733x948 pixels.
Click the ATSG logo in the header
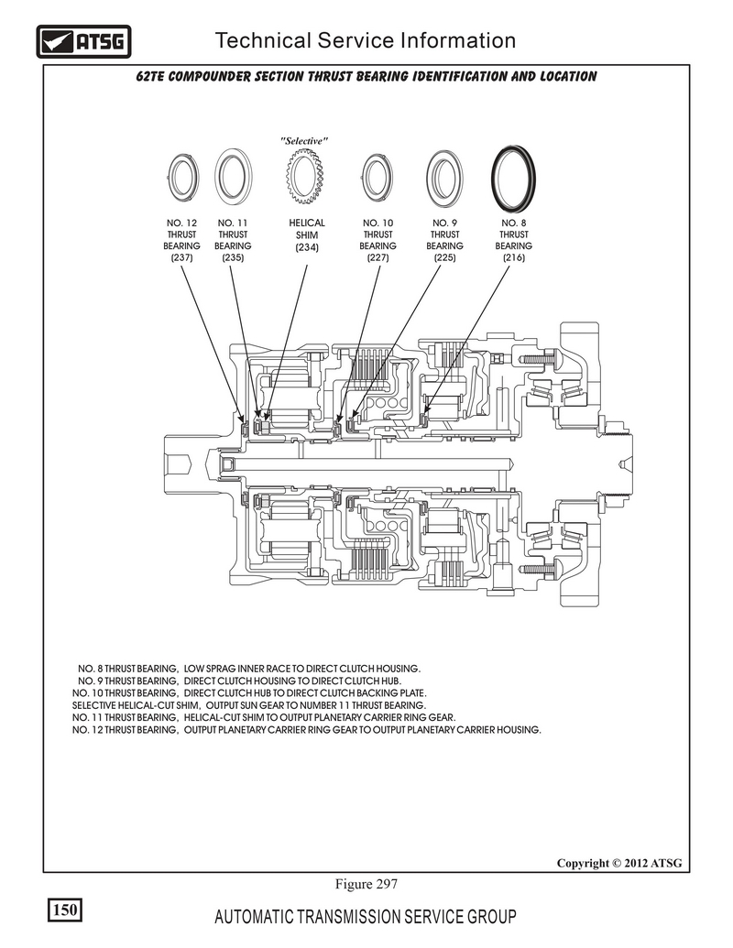[83, 41]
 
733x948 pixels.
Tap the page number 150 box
[65, 910]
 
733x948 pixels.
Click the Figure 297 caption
[366, 884]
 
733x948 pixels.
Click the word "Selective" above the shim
[304, 141]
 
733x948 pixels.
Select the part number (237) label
[181, 257]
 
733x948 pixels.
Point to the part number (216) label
[513, 257]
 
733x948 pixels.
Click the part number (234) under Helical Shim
[307, 247]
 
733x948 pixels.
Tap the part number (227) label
[378, 257]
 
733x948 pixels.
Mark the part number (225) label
[444, 257]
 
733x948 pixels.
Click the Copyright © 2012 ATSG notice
[619, 863]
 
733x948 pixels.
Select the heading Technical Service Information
[366, 40]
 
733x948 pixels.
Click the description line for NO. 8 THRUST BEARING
[249, 669]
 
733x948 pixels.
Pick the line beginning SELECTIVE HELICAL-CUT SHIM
[249, 705]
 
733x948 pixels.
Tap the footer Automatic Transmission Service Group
[366, 917]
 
